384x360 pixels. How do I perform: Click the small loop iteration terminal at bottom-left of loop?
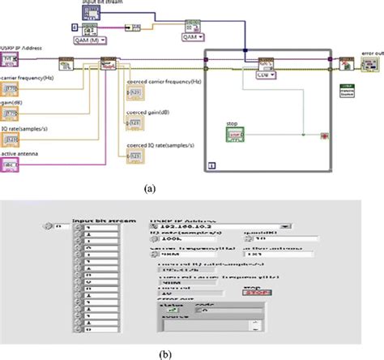tap(211, 165)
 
